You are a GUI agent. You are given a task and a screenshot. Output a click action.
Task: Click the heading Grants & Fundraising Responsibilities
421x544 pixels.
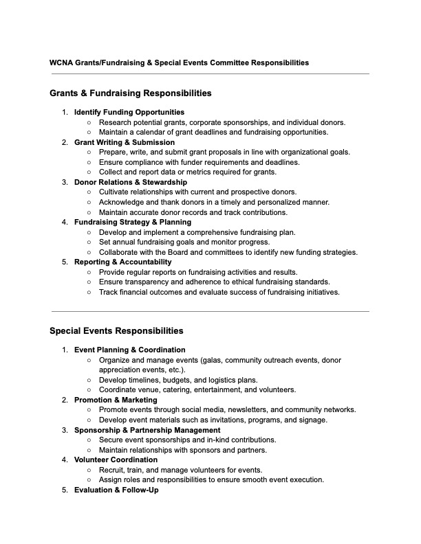(x=130, y=93)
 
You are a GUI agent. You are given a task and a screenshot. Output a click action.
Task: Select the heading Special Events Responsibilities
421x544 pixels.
(x=116, y=330)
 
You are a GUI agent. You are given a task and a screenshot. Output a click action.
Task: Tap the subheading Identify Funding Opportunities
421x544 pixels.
(x=129, y=112)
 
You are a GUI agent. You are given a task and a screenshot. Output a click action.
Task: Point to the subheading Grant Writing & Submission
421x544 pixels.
(x=125, y=142)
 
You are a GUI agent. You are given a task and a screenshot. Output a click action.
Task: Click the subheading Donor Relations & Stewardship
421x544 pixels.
(x=131, y=182)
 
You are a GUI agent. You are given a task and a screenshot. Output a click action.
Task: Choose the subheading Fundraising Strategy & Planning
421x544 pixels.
(x=133, y=222)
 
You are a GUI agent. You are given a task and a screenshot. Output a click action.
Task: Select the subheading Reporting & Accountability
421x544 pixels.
(x=123, y=262)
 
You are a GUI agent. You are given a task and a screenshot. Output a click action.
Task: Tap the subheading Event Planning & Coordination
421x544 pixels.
(x=129, y=350)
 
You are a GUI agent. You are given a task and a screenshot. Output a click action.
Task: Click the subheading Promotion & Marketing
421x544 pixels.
(x=116, y=400)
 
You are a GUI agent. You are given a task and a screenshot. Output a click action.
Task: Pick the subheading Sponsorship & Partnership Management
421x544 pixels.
(x=147, y=430)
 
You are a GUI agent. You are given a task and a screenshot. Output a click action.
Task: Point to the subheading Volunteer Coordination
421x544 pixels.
(x=116, y=460)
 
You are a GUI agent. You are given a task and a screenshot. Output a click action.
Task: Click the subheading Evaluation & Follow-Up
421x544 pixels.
(x=116, y=490)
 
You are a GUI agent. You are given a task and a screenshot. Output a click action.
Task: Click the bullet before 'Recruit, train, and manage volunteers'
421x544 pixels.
(x=89, y=470)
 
